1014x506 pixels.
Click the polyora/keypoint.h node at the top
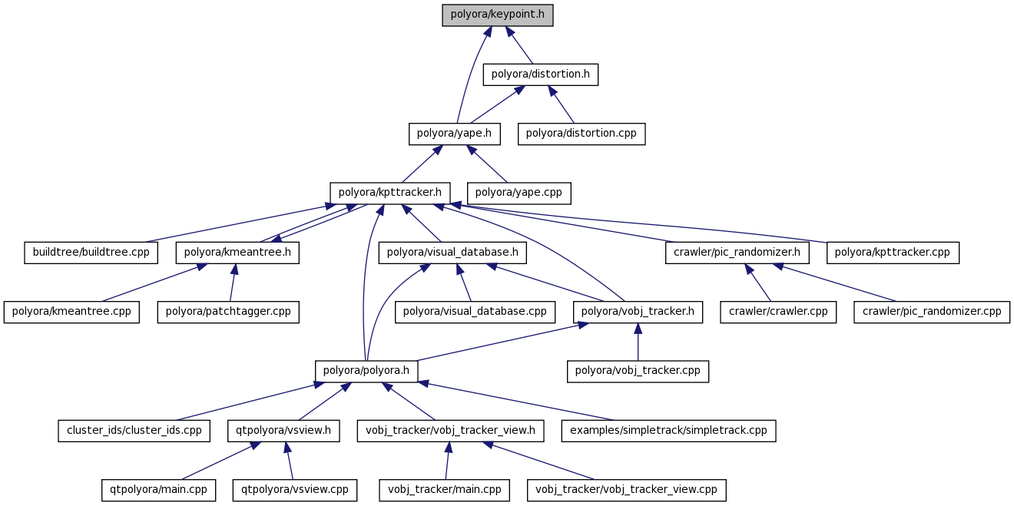click(498, 15)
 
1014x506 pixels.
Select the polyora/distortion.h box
click(540, 74)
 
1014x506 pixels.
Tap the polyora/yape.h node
click(454, 134)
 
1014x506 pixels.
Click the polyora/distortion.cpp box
click(582, 134)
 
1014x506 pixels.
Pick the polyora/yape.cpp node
click(519, 193)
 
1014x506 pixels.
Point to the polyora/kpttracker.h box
click(390, 193)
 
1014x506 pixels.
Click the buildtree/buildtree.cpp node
click(91, 252)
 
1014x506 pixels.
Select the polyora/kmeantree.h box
click(237, 252)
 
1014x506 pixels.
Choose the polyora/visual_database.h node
click(452, 252)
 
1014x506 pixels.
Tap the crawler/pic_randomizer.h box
click(737, 252)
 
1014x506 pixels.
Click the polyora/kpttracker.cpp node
click(893, 252)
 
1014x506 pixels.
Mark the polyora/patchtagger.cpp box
click(228, 312)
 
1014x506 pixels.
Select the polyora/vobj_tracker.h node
click(638, 312)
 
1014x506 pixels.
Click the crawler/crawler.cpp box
click(778, 312)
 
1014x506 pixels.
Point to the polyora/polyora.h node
click(366, 371)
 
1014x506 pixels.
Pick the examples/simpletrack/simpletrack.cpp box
click(668, 431)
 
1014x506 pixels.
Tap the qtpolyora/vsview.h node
click(283, 431)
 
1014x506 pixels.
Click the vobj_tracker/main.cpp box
click(444, 490)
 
